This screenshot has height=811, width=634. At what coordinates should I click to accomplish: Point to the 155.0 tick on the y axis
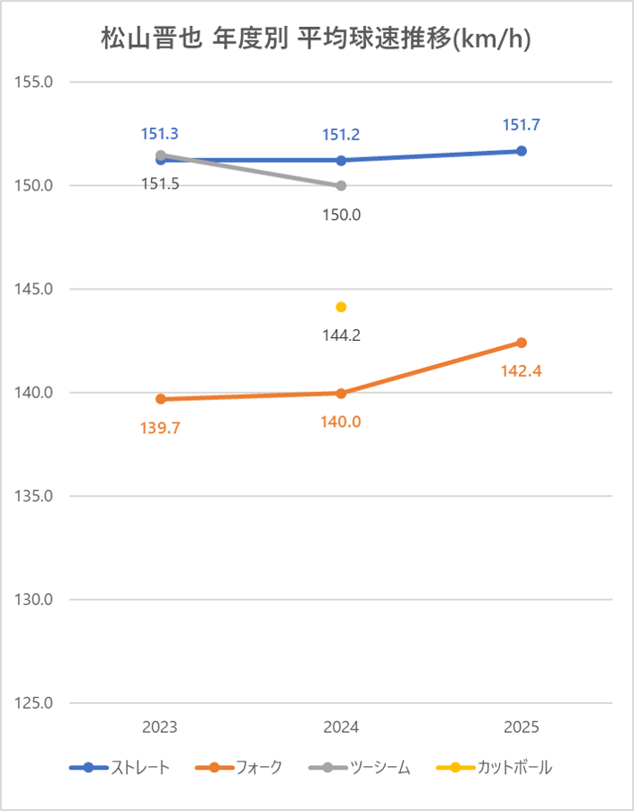[x=36, y=82]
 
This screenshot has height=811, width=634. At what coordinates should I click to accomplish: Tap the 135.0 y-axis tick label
[x=36, y=496]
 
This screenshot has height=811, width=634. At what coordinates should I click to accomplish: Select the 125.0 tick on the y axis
[x=36, y=703]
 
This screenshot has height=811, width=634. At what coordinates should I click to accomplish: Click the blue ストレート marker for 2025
[x=521, y=151]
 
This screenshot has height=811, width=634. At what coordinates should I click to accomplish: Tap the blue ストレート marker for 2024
[x=341, y=160]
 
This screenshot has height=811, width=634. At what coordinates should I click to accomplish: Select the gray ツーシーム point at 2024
[x=341, y=186]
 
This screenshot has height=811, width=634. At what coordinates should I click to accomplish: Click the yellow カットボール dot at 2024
[x=341, y=307]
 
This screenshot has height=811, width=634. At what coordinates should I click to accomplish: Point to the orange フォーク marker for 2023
[x=160, y=399]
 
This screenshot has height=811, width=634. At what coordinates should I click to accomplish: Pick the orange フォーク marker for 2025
[x=521, y=343]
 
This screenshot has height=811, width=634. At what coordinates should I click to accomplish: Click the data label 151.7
[x=521, y=125]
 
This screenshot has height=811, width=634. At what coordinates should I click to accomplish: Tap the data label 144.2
[x=341, y=334]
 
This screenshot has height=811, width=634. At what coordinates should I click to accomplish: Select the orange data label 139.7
[x=160, y=428]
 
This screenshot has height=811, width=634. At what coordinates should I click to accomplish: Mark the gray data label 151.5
[x=160, y=184]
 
